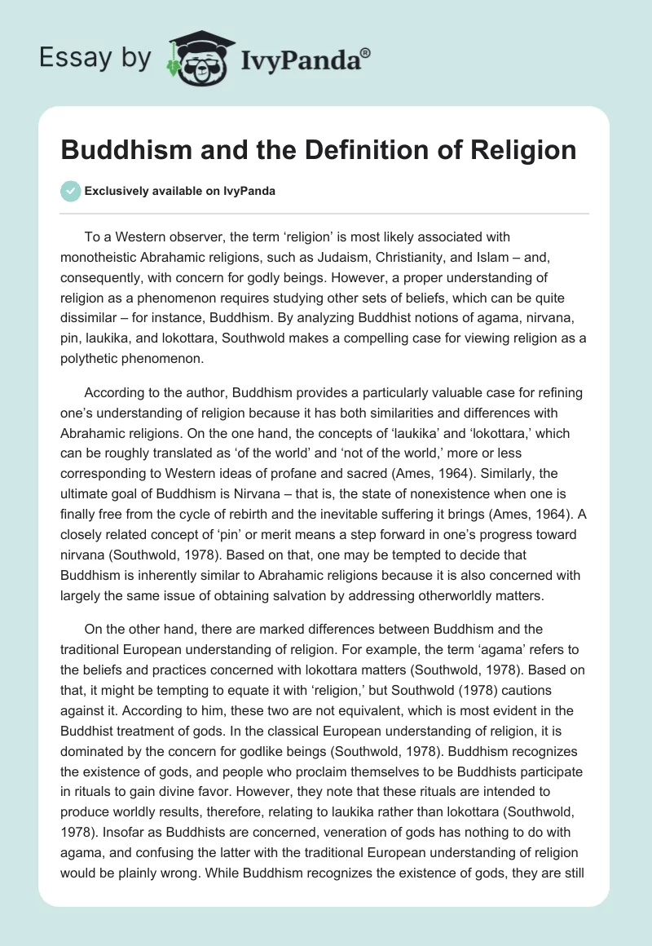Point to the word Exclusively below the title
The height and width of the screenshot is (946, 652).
115,192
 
